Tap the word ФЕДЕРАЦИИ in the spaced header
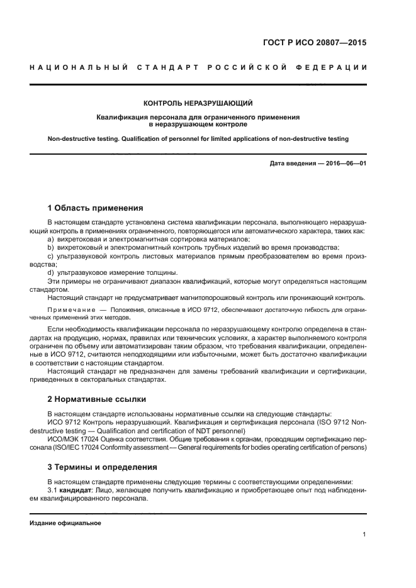[337, 67]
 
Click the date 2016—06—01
[345, 164]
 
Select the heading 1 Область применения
[96, 208]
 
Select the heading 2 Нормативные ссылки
[97, 399]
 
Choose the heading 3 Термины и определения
[103, 467]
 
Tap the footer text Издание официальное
[65, 523]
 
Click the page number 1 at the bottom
[364, 535]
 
